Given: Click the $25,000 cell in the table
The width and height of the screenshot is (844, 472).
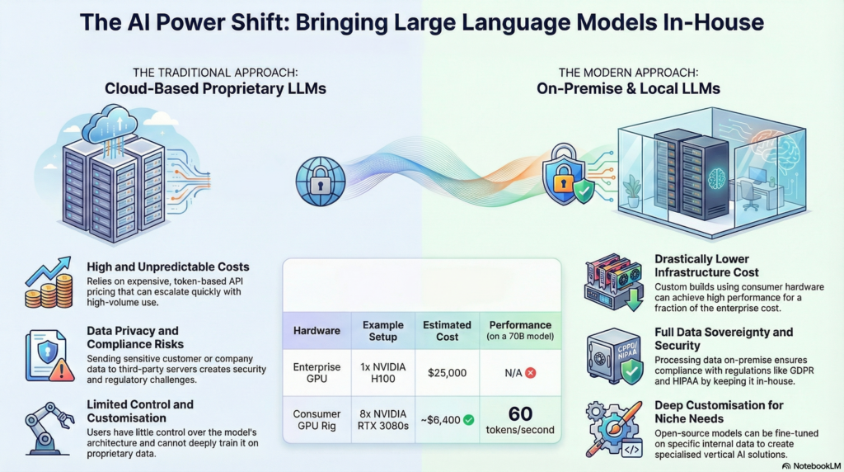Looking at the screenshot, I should (x=448, y=373).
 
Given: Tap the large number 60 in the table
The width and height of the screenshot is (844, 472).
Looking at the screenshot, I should (x=520, y=413).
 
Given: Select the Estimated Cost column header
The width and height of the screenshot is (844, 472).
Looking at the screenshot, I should (x=448, y=330).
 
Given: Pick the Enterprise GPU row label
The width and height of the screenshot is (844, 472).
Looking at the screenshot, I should (x=316, y=373).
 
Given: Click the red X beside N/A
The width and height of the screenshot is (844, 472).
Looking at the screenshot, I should (x=531, y=373).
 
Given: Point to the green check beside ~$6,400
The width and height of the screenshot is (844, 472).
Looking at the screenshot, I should (x=468, y=420).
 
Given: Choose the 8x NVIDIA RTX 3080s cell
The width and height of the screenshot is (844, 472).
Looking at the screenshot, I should (x=382, y=420).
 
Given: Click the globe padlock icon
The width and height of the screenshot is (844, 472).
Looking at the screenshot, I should (x=316, y=176).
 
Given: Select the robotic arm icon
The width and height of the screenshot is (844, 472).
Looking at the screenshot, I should (x=48, y=426).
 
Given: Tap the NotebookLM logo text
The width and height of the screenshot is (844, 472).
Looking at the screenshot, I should (x=812, y=465).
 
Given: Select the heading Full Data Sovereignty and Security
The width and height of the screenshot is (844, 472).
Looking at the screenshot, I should (x=723, y=338).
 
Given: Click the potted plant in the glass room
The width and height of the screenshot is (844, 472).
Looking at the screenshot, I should (x=632, y=191).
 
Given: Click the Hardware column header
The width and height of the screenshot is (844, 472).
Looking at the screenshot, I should (x=316, y=330).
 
